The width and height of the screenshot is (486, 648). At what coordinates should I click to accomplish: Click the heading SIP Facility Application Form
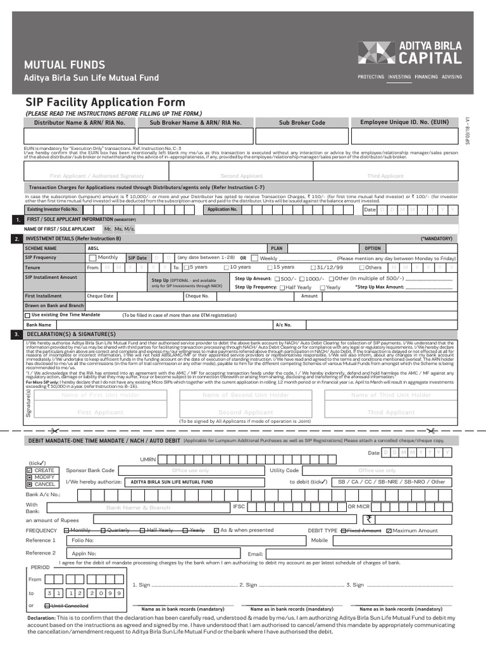(x=105, y=103)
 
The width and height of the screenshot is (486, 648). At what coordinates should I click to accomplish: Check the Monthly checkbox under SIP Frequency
(x=93, y=258)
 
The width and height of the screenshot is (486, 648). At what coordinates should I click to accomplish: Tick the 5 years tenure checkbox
(x=186, y=268)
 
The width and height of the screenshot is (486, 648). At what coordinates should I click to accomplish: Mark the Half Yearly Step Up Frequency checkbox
(x=282, y=287)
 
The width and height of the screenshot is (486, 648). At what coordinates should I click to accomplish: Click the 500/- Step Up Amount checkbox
(x=277, y=278)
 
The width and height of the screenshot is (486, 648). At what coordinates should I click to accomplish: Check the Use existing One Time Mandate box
(x=27, y=315)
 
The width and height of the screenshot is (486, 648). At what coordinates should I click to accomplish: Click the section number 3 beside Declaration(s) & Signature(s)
(x=16, y=333)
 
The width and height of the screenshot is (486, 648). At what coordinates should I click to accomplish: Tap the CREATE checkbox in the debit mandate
(x=29, y=471)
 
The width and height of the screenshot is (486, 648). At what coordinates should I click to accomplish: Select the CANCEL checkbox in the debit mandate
(x=29, y=484)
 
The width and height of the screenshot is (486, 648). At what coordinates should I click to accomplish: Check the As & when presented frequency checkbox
(x=217, y=530)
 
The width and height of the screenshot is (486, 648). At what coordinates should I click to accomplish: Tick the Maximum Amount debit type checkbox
(x=389, y=530)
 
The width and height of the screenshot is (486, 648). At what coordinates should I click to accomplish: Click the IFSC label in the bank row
(x=239, y=507)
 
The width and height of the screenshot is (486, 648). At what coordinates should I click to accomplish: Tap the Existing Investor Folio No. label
(x=53, y=209)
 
